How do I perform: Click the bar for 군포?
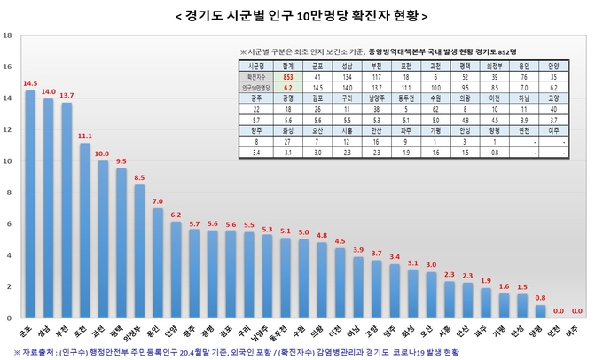pos(30,204)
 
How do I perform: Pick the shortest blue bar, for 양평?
pos(541,311)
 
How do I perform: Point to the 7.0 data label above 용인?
pos(158,200)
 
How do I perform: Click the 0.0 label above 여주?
pos(577,310)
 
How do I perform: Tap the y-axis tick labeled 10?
pos(8,161)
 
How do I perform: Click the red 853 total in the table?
pos(288,77)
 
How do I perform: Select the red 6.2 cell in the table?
pos(288,89)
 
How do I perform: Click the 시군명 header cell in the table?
pos(258,66)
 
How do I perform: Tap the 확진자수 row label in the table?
pos(258,77)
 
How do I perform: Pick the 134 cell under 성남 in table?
pos(348,77)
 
